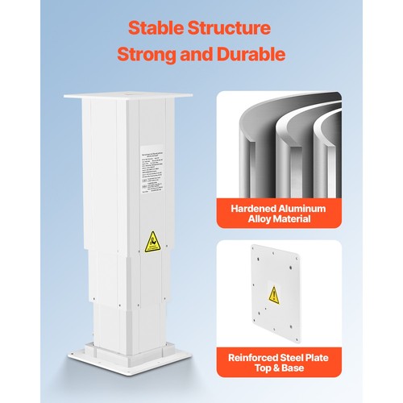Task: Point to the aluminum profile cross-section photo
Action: click(x=278, y=145)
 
